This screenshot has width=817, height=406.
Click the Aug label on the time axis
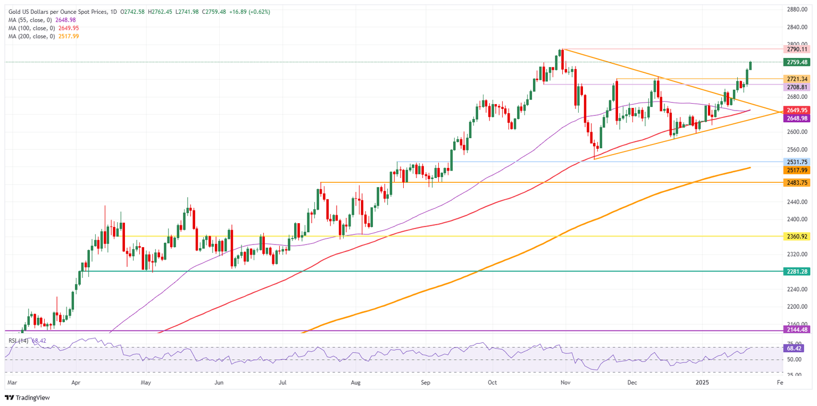356,382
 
